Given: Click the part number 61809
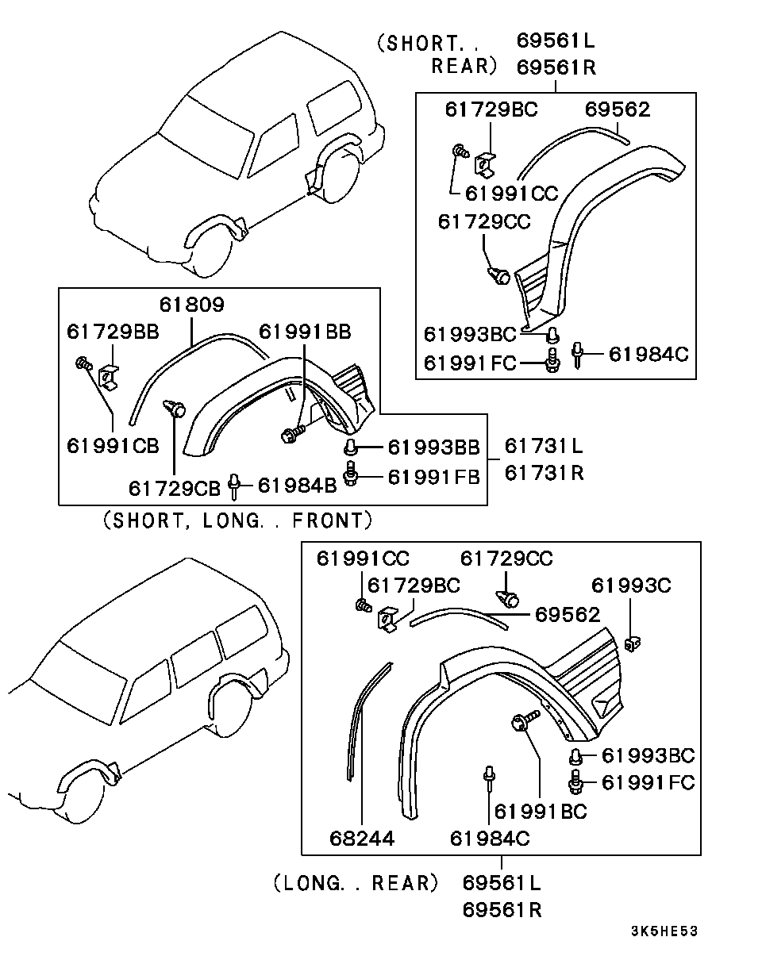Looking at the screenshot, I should point(191,304).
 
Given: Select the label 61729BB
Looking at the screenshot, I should point(113,331).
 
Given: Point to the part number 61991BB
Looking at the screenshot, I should point(304,331).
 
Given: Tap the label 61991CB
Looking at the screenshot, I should point(113,445).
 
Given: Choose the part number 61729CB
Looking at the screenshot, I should point(174,486).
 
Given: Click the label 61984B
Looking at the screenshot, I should point(297,484).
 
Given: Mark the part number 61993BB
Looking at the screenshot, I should point(433,448).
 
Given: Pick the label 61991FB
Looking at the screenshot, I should point(433,477).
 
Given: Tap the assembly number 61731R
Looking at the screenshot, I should point(544,474).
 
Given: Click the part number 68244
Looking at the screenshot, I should point(362,838).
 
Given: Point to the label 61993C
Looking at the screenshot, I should point(631,586).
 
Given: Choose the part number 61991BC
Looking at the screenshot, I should point(540,811).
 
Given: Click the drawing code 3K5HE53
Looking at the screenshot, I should point(664,931).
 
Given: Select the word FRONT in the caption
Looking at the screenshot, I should point(332,521).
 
